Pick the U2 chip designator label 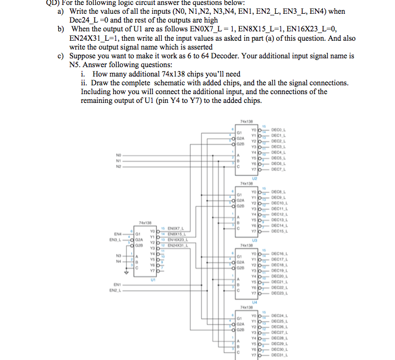254,178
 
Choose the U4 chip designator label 254,301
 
